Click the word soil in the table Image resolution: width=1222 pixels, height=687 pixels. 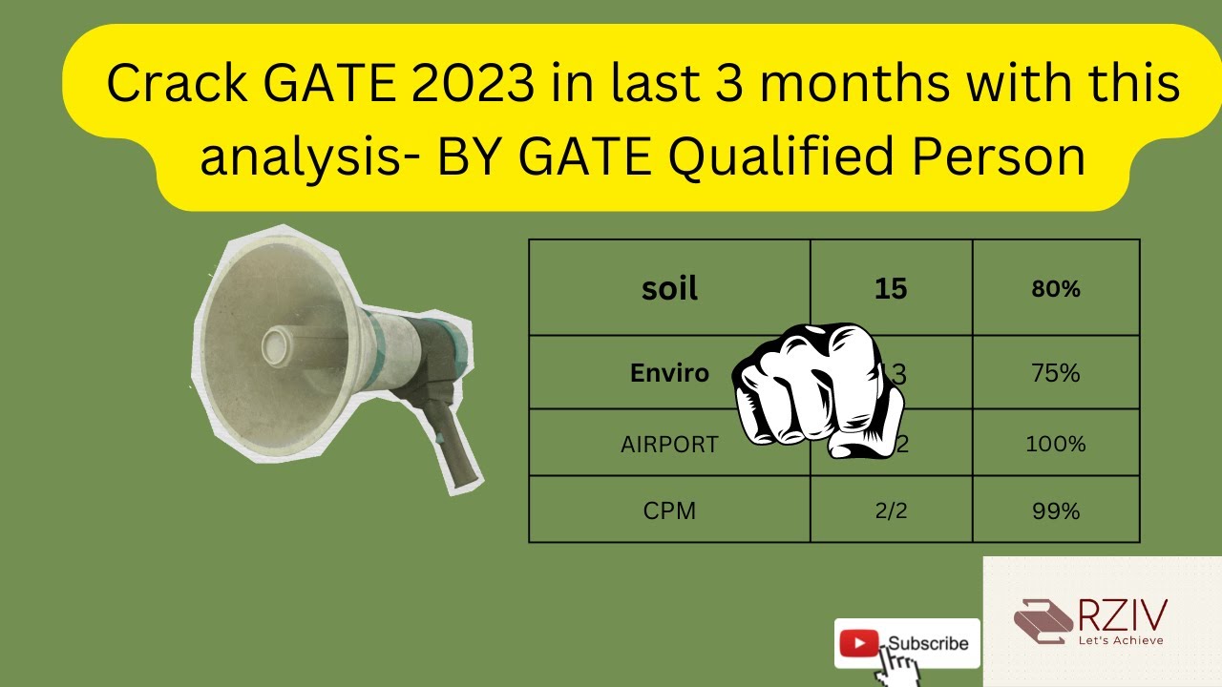pos(669,288)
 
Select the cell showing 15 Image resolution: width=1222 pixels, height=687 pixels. pos(890,288)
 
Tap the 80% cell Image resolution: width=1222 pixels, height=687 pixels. pos(1055,289)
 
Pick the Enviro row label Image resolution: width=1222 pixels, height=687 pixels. pos(669,373)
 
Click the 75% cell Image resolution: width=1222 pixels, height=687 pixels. pos(1055,373)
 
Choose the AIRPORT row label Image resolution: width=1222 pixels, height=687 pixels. pos(668,445)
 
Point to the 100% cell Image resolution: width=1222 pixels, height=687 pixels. pos(1055,444)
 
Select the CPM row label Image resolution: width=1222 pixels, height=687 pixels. pos(669,510)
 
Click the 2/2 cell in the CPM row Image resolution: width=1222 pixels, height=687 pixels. pos(890,510)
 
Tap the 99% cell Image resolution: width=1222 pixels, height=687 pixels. pos(1055,510)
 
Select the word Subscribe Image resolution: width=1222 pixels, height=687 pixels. pos(928,643)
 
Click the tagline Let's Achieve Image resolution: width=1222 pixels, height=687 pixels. pos(1120,640)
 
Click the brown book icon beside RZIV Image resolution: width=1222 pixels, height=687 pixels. pos(1043,621)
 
